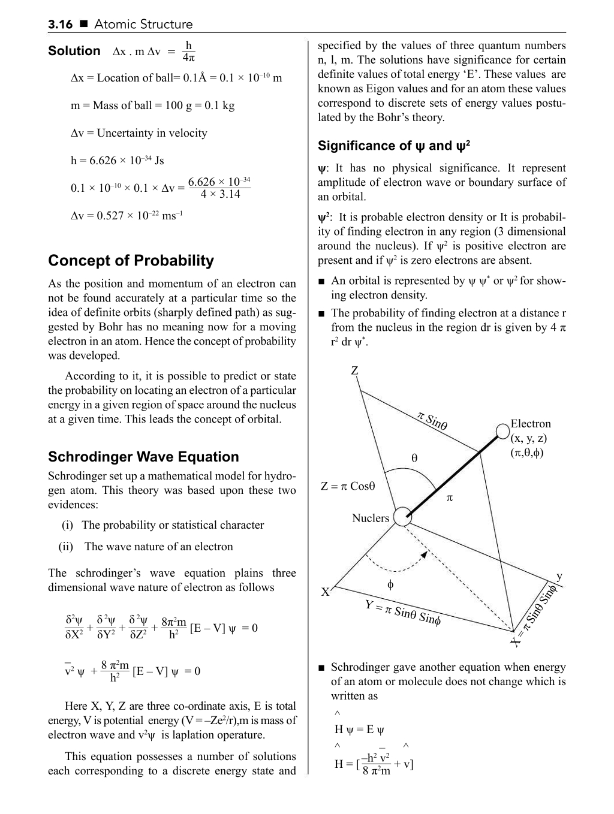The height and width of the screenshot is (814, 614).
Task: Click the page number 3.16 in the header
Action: pos(60,25)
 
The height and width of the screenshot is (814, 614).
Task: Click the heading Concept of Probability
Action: pos(131,261)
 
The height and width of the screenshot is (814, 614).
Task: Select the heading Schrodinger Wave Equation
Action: pos(143,457)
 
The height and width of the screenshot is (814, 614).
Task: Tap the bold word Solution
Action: pos(74,51)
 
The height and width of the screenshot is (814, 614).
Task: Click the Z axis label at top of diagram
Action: pos(354,371)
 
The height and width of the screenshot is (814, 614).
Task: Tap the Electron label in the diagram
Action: pos(530,424)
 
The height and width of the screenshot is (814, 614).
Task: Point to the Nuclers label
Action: pos(370,518)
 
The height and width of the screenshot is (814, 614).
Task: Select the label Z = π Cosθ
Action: pos(348,486)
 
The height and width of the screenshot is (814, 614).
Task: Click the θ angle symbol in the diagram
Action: pos(414,459)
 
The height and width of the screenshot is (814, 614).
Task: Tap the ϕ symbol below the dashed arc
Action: pos(390,584)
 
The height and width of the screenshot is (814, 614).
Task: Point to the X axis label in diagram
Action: pos(325,593)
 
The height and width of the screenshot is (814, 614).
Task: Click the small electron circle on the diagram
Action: pos(502,431)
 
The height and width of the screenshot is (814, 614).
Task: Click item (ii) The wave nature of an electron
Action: pos(146,547)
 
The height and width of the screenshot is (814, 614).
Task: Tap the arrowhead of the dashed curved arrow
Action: pos(424,554)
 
